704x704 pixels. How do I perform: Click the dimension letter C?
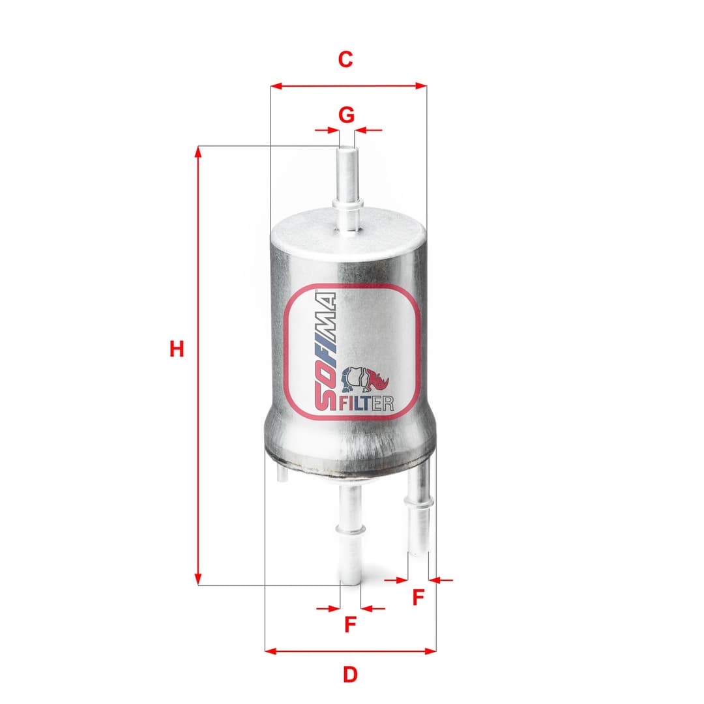tap(345, 59)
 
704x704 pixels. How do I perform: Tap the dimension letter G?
tap(347, 115)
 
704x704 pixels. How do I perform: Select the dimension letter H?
tap(176, 349)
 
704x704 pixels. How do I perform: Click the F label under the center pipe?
tap(350, 624)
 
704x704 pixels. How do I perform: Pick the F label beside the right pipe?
tap(418, 596)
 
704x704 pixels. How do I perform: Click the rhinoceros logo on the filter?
tap(365, 381)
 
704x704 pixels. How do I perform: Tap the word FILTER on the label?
tap(365, 404)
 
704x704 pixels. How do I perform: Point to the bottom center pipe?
tap(350, 535)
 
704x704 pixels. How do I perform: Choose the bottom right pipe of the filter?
tap(419, 515)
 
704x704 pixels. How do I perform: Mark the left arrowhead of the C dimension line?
tap(275, 86)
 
